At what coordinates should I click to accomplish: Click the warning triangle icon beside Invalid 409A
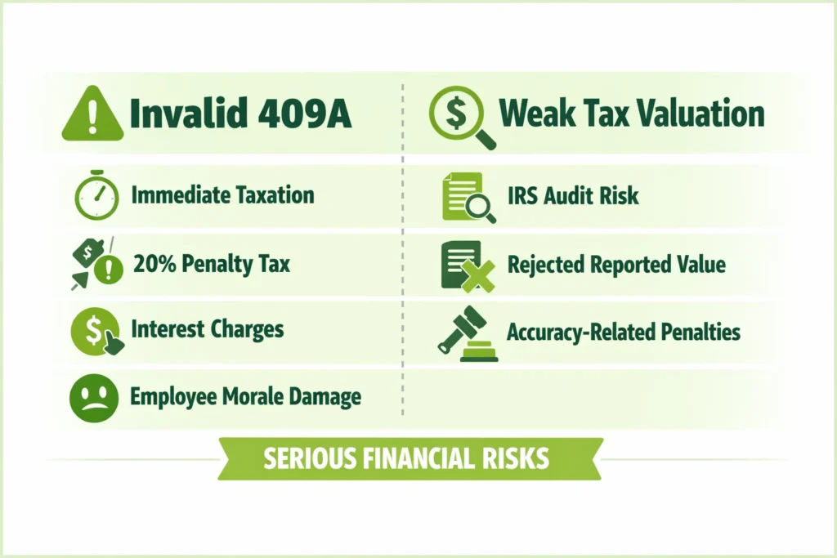click(92, 115)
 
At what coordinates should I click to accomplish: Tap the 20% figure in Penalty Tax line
click(153, 265)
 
